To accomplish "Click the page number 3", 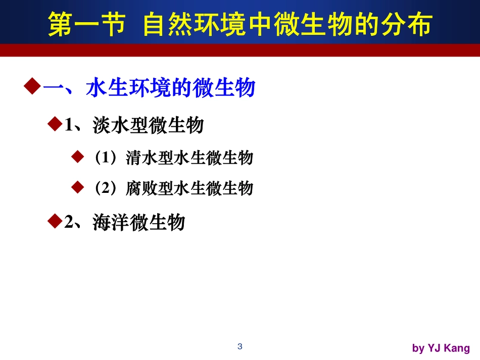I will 240,346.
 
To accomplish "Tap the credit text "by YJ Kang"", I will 441,348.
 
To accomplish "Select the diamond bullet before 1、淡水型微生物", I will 54,124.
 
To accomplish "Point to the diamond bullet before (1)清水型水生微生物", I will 77,157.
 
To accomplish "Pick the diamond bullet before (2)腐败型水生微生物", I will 77,187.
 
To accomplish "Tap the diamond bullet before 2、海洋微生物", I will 54,220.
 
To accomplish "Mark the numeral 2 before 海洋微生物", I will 69,222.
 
